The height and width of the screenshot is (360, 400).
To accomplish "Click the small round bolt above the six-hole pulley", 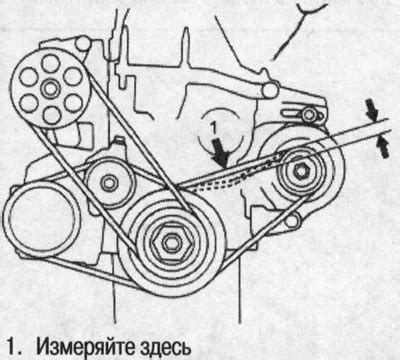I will click(84, 43).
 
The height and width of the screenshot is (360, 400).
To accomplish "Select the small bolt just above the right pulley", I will click(307, 118).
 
